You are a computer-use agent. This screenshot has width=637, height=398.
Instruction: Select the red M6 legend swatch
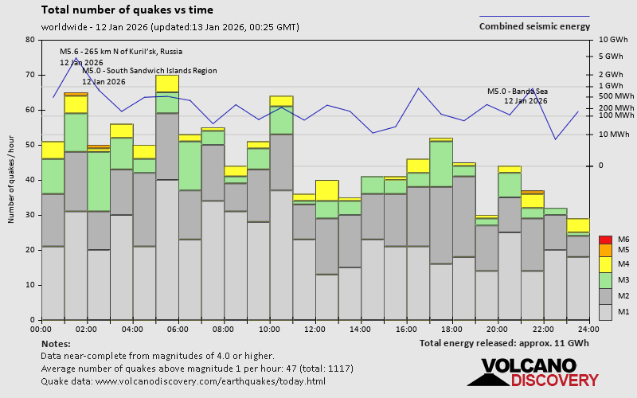point(604,240)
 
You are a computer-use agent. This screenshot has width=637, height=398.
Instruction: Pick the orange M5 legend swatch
point(604,251)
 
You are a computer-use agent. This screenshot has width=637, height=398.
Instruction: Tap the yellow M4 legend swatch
point(604,264)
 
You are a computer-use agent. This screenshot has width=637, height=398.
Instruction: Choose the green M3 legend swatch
point(604,279)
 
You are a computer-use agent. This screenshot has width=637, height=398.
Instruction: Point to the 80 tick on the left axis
point(29,40)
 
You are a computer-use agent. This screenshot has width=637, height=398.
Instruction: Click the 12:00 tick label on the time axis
point(315,329)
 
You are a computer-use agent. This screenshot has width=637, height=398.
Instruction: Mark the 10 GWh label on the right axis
point(612,40)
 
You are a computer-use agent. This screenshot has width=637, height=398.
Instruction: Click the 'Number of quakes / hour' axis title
point(12,179)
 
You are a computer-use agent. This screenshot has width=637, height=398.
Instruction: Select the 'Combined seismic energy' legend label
point(534,26)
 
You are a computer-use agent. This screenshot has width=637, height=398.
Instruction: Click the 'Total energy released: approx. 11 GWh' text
point(505,343)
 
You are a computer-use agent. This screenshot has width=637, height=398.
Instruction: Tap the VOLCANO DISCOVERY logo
point(533,373)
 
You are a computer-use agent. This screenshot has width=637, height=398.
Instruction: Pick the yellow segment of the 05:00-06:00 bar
point(167,84)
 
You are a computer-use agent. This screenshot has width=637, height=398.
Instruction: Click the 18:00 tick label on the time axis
point(451,329)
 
